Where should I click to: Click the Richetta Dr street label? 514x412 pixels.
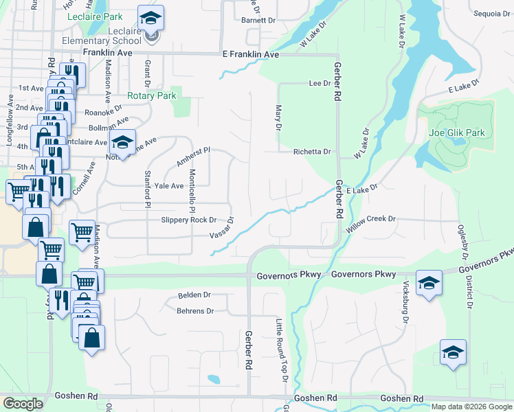click(x=312, y=152)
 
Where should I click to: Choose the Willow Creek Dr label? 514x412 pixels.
click(x=372, y=219)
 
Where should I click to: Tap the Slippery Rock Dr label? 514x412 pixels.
click(x=188, y=220)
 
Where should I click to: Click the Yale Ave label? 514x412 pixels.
click(x=169, y=185)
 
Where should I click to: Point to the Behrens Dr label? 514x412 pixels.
click(x=196, y=311)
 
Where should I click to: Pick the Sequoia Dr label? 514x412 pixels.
click(x=491, y=13)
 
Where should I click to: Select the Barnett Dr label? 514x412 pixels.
click(x=258, y=21)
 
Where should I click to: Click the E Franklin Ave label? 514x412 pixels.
click(x=250, y=54)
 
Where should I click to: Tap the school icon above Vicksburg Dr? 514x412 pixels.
click(x=428, y=283)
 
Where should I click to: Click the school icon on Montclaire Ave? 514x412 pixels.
click(x=122, y=142)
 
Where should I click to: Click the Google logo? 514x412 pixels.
click(x=23, y=404)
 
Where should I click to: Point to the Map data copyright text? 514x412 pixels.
click(x=471, y=407)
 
